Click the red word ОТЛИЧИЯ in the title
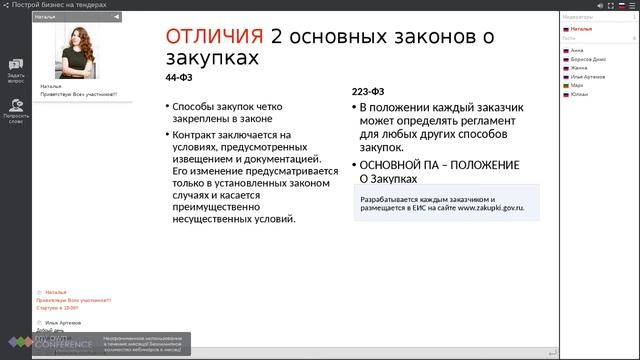(x=214, y=37)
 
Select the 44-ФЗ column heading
(x=178, y=77)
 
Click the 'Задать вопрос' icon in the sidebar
(x=16, y=65)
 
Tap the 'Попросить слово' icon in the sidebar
(x=16, y=105)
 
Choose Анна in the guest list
(x=577, y=49)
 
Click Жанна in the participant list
(x=579, y=67)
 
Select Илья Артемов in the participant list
(x=589, y=77)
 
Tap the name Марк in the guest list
(x=577, y=86)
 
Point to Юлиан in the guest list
(x=579, y=95)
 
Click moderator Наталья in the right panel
(x=582, y=29)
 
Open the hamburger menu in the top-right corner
(x=632, y=5)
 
